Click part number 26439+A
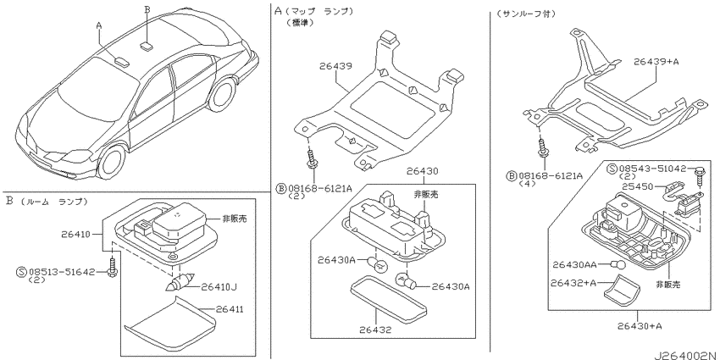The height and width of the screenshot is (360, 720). point(656,61)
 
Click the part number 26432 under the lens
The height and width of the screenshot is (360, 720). point(375,330)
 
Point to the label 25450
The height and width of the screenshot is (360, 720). point(635,186)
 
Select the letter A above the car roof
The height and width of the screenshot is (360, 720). point(99,25)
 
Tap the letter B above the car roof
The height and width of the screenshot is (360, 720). point(147,8)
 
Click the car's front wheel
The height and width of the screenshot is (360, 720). point(111,162)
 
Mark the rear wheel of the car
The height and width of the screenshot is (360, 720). point(221,95)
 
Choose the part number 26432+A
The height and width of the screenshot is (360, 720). point(573,283)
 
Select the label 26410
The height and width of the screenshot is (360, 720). point(75,234)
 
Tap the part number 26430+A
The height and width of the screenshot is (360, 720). point(640,325)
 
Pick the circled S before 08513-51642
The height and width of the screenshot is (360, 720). point(21,272)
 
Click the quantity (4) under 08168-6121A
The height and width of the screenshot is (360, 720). point(525,184)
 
